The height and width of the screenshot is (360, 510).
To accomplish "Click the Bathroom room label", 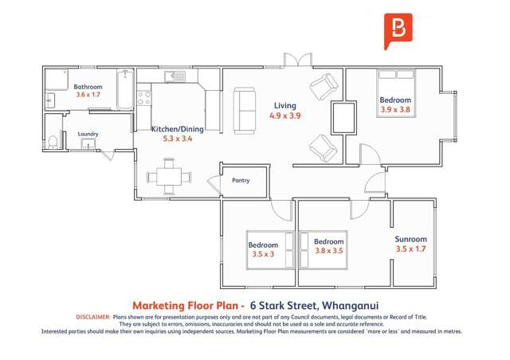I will click(88, 86).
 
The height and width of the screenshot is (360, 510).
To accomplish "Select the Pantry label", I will click(241, 181).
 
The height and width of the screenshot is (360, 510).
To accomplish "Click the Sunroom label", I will click(410, 239).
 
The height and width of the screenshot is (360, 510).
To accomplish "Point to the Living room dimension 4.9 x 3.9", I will click(284, 115).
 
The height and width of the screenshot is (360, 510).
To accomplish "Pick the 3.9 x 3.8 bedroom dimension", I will click(395, 110).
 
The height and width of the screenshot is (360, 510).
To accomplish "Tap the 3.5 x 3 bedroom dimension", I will click(263, 255).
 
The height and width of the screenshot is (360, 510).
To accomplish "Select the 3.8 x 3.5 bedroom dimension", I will click(328, 251).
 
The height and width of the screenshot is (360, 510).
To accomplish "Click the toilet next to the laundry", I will click(53, 141).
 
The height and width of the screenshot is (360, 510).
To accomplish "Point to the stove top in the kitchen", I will click(144, 99).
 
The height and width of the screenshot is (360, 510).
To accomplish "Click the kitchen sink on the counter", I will click(175, 76).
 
